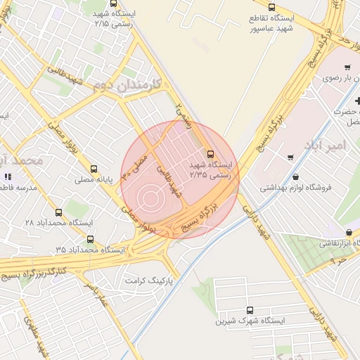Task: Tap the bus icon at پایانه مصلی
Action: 94,169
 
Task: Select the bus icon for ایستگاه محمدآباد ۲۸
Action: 58,212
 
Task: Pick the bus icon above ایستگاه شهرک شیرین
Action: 250,310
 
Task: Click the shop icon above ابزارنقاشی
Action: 349,233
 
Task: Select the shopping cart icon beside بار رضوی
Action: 347,67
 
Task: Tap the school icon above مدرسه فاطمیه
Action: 8,177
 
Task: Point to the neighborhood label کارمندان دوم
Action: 127,85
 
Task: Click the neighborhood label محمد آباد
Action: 22,161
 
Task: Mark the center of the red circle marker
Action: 150,198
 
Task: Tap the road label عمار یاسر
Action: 94,295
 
